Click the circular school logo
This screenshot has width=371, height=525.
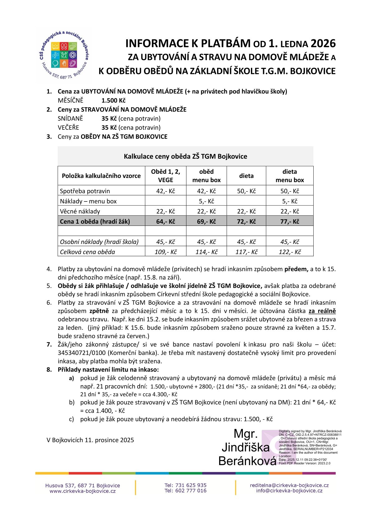[x=64, y=55]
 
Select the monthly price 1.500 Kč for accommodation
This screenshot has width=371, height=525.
[x=113, y=100]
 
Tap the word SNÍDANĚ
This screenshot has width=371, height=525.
[x=70, y=119]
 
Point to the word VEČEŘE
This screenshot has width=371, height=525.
[x=69, y=128]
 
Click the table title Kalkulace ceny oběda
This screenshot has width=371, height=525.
[x=185, y=156]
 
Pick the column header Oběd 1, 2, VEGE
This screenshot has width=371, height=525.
[x=166, y=176]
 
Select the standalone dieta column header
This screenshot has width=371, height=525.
[x=246, y=176]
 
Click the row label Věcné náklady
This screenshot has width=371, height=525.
[x=80, y=211]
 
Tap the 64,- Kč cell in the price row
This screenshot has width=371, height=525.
[x=166, y=221]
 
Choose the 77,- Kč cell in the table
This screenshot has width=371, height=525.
[x=290, y=221]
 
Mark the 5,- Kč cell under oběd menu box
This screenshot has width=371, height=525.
[x=206, y=201]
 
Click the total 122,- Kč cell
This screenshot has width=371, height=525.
[x=290, y=252]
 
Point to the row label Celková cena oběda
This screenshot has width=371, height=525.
[x=88, y=252]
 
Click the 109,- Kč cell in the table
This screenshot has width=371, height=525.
[x=166, y=252]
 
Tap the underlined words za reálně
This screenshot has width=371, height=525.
[x=322, y=311]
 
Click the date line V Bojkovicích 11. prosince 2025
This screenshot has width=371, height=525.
[x=90, y=440]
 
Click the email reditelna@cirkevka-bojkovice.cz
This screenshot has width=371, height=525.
[x=289, y=485]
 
